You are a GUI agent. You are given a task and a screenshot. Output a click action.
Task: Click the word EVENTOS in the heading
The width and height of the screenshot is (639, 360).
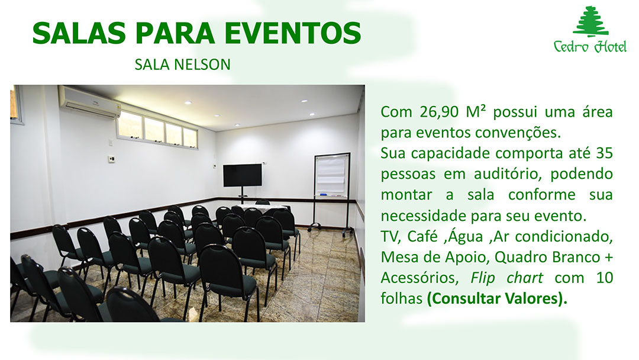[293, 33]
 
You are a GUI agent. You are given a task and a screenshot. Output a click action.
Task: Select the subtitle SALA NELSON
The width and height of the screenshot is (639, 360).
[183, 65]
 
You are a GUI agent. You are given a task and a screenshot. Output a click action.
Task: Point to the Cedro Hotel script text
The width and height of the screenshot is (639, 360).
[590, 46]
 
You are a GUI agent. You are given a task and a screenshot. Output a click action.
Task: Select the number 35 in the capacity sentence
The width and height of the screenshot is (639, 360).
[604, 153]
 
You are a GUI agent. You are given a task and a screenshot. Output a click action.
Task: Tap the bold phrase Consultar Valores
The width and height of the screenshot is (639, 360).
[497, 298]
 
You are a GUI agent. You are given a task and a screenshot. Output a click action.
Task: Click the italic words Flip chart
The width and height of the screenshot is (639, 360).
[506, 278]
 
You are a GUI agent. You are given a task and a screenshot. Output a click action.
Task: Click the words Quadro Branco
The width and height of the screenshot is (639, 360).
[547, 257]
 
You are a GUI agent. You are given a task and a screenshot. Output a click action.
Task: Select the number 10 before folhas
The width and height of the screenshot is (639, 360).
[604, 278]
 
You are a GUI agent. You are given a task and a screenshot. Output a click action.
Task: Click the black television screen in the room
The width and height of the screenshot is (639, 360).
[243, 175]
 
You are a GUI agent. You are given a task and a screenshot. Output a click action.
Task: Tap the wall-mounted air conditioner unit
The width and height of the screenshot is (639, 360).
[90, 102]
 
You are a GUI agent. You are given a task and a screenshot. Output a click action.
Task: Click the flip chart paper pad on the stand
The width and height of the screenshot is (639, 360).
[331, 175]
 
